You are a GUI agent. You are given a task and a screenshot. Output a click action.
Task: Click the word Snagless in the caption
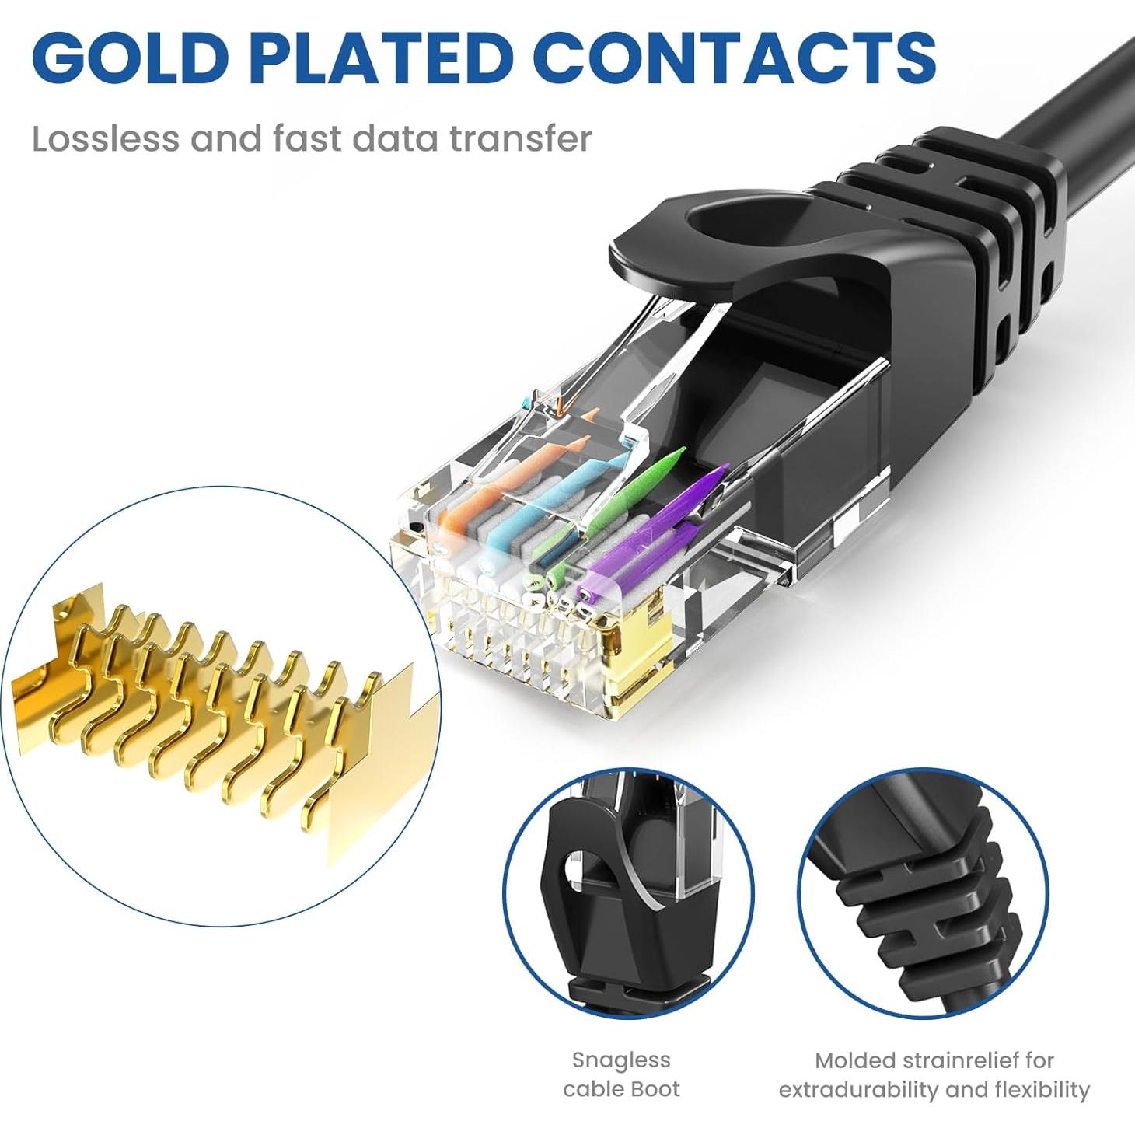tap(621, 1060)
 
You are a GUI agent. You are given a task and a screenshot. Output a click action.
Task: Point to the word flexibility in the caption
tap(1042, 1090)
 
